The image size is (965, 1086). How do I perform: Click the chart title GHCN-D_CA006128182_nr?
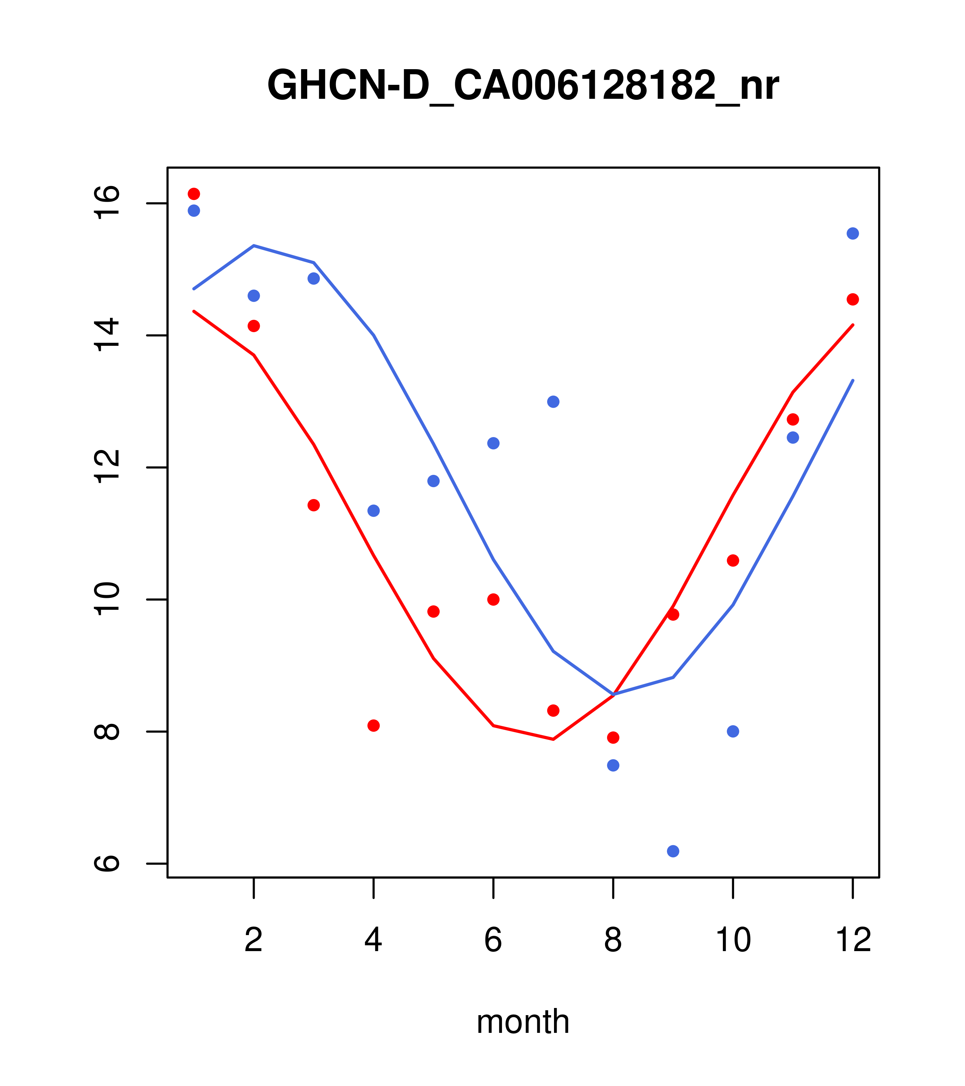click(523, 86)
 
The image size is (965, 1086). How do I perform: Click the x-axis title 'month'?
click(523, 1022)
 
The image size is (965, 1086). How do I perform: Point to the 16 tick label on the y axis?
click(107, 203)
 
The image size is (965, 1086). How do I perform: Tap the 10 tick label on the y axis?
click(107, 599)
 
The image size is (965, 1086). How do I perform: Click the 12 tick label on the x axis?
click(853, 940)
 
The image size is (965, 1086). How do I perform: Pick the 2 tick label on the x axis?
click(254, 940)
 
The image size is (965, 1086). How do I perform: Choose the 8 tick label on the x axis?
click(613, 940)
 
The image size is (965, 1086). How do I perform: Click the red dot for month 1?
click(194, 193)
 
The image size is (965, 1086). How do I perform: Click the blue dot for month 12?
click(853, 233)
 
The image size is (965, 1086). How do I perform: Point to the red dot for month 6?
click(493, 599)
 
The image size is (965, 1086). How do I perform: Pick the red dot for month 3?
click(314, 505)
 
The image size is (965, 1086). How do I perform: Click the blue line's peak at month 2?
click(254, 246)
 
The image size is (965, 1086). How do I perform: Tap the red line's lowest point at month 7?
click(553, 739)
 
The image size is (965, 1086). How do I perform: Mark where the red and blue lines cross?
click(613, 694)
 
